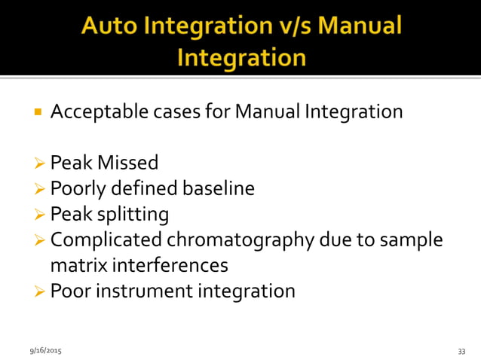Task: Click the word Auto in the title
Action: tap(112, 29)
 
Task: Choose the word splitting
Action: tap(135, 215)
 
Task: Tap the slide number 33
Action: tap(461, 351)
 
